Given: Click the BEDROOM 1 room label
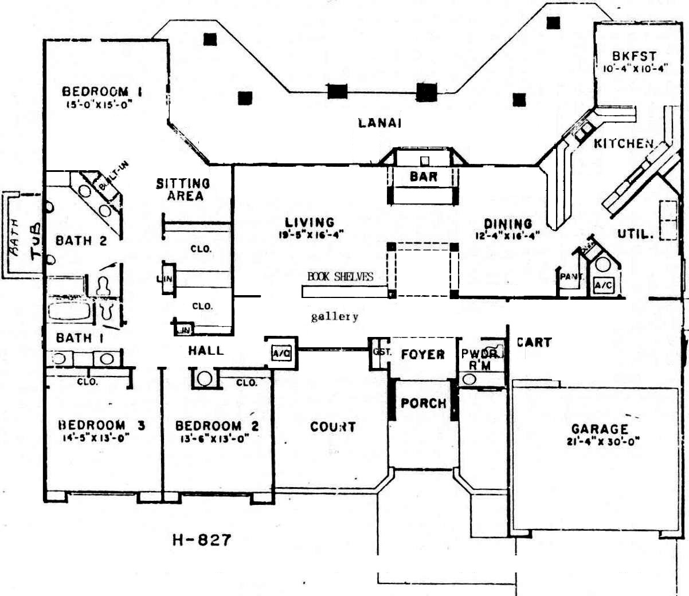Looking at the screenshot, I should coord(102,91).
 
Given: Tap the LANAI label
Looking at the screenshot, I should coord(379,123).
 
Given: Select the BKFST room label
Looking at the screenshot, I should coord(634,56).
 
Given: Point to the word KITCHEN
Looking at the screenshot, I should coord(624,143).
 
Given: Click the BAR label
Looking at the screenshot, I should coord(424,177).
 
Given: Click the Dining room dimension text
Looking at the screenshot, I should coord(507,236).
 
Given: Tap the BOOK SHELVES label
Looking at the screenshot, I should coord(340,277).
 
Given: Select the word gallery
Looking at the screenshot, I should coord(334,316).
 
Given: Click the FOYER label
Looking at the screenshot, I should coord(422,355).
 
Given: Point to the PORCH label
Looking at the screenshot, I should coord(423,403).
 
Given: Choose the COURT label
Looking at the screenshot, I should coord(332,427).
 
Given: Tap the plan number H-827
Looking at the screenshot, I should coord(202,539).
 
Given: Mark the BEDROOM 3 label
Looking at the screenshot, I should coord(101,425).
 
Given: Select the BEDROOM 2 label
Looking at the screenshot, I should coord(217,426).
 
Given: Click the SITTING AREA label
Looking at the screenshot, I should coord(183,190).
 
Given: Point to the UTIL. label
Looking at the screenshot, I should coord(635,234).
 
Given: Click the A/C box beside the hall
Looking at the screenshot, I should coord(281,354).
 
